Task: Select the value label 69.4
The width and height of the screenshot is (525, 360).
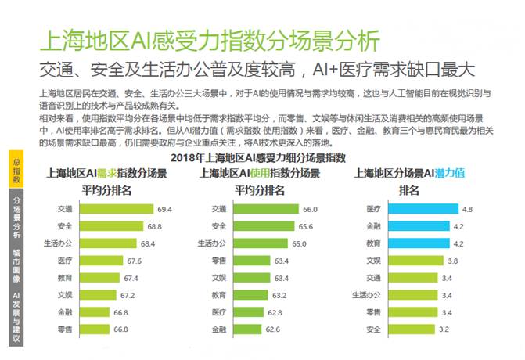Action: coord(165,209)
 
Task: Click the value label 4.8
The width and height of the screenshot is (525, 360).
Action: coord(468,209)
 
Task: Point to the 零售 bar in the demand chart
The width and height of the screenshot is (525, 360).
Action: coord(110,329)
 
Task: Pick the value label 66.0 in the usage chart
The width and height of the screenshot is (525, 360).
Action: coord(309,209)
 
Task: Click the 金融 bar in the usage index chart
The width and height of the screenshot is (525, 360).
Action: coord(254,329)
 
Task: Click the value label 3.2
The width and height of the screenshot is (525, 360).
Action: coord(444,329)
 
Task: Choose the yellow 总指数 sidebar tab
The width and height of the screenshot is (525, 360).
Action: coord(16,170)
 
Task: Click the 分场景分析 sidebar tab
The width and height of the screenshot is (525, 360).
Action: coord(16,216)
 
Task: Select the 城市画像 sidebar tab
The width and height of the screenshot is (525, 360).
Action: coord(16,266)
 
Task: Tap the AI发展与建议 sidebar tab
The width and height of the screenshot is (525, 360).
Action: coord(16,317)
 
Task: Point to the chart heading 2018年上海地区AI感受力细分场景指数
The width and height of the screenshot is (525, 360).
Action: coord(257,157)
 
